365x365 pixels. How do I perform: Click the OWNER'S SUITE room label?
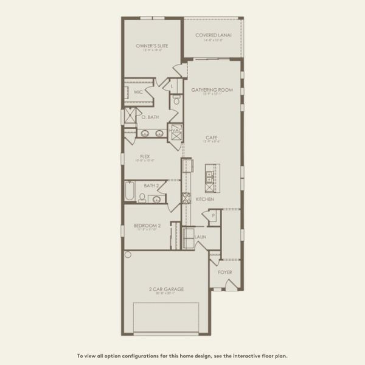(151, 46)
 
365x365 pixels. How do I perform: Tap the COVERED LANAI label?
(212, 35)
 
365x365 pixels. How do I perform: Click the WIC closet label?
(139, 92)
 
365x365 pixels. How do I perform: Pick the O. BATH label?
(150, 117)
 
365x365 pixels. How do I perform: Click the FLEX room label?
(145, 156)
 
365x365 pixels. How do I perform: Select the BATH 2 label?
(151, 186)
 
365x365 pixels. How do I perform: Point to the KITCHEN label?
(204, 198)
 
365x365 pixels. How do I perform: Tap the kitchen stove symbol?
(187, 198)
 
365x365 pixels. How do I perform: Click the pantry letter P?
(214, 216)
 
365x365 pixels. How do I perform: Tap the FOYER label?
(225, 272)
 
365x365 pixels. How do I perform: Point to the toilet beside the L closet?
(176, 101)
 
